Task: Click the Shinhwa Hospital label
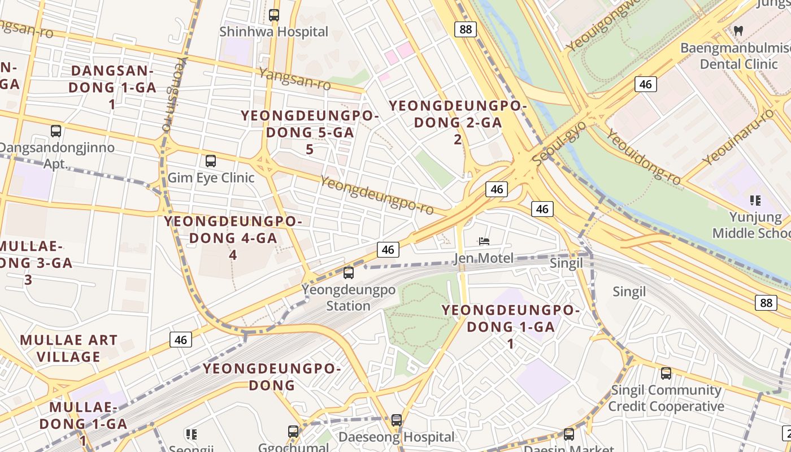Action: tap(273, 32)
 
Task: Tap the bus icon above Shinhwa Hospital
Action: tap(274, 15)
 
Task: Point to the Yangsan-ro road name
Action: tap(294, 79)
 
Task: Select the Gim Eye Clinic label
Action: tap(211, 178)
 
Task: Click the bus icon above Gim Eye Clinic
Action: tap(211, 161)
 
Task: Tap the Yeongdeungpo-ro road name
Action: tap(377, 195)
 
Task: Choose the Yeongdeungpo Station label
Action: tap(348, 298)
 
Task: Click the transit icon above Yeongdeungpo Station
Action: tap(349, 273)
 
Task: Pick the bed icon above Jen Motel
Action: tap(484, 241)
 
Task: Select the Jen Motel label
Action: tap(484, 259)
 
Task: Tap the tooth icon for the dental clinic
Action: tap(738, 31)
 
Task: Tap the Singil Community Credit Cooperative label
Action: tap(666, 398)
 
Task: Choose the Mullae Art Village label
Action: tap(69, 349)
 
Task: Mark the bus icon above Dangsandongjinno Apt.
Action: tap(56, 131)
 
